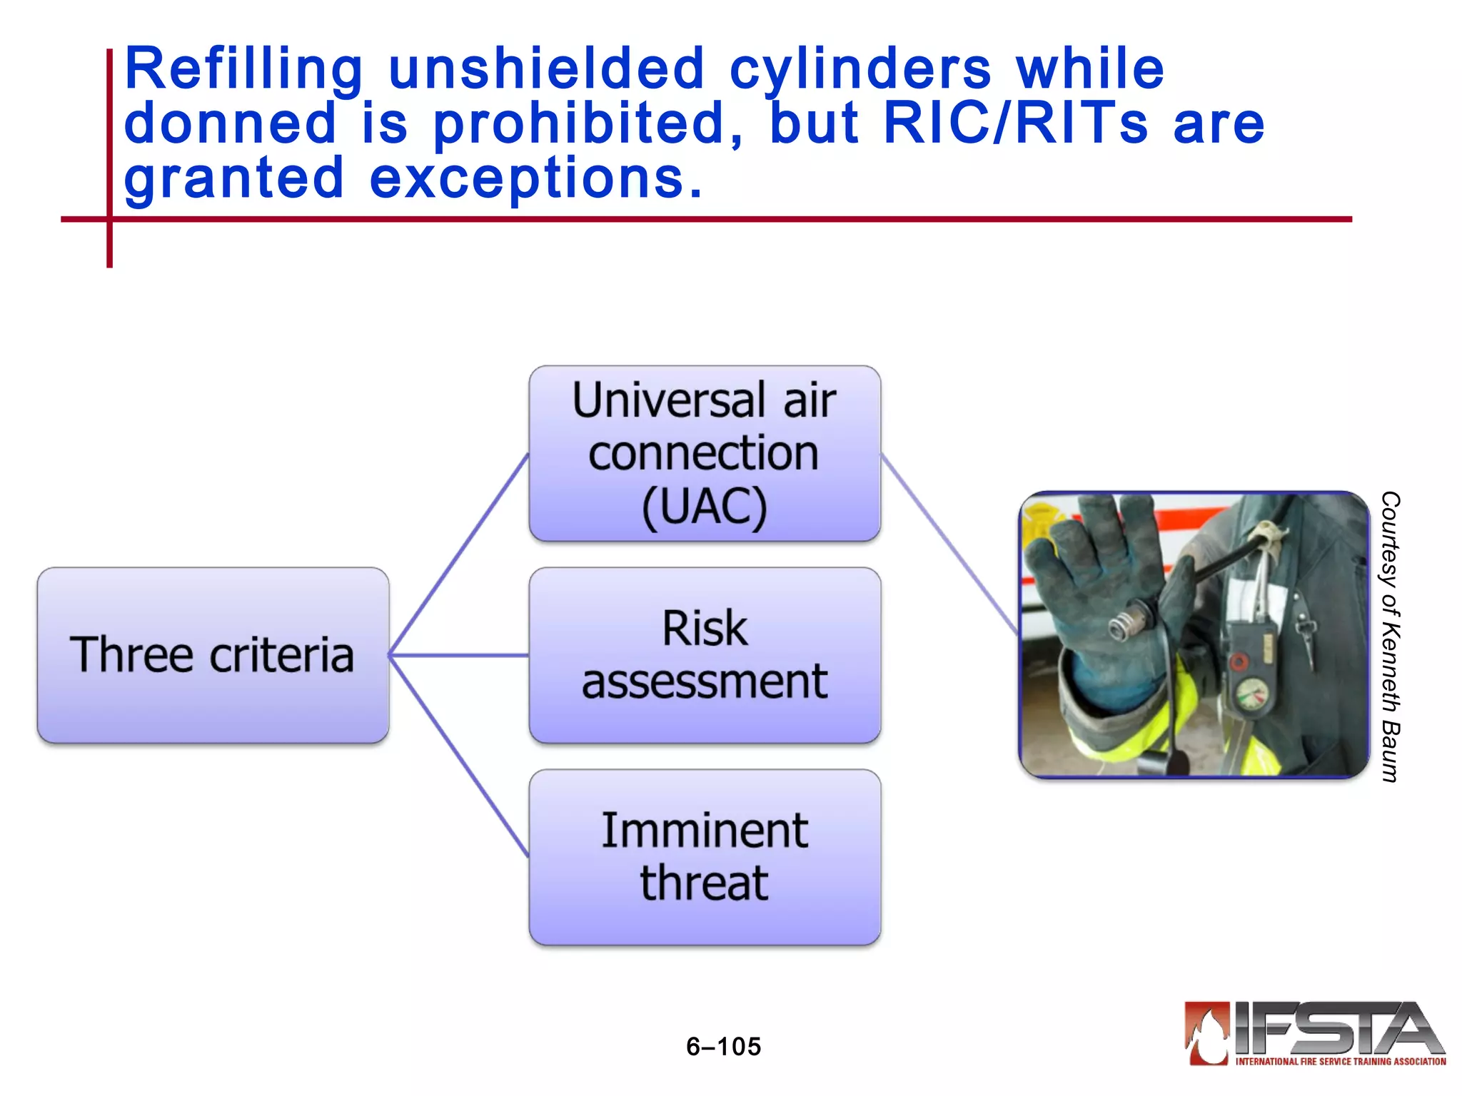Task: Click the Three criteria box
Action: pos(213,655)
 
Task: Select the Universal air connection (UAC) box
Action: pos(705,453)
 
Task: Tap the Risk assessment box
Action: pos(705,655)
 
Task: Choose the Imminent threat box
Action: pos(705,857)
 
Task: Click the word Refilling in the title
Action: pos(243,69)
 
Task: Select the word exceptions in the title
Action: pos(535,178)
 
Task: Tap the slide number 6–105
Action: pos(723,1046)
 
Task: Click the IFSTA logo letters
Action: pos(1335,1027)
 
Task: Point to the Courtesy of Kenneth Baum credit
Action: pos(1389,636)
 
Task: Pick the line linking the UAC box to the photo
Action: pos(949,544)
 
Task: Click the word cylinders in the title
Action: pos(860,69)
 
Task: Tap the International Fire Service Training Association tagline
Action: pos(1340,1062)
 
